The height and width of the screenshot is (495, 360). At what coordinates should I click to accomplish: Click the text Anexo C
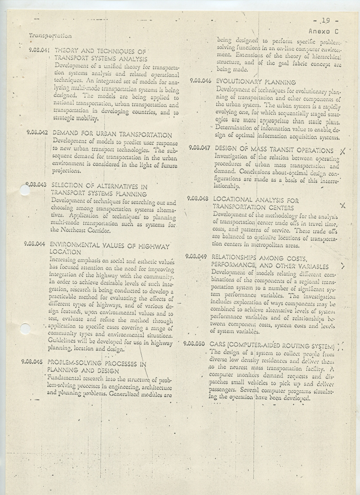coord(323,31)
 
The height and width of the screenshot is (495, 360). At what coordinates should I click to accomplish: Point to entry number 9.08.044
coord(34,244)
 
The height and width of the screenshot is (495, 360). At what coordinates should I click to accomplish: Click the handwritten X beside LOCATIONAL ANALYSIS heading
coord(342,205)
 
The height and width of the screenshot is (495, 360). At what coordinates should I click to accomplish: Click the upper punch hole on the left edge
coord(25,190)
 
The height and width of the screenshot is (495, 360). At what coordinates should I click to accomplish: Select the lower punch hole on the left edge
coord(25,329)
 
